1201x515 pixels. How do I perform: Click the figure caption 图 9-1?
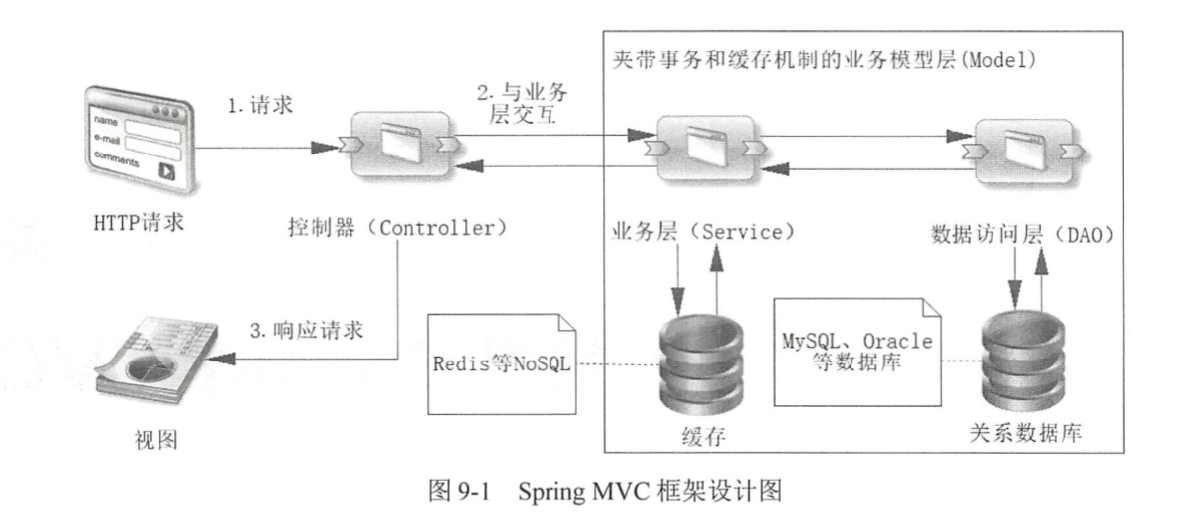coord(600,489)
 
